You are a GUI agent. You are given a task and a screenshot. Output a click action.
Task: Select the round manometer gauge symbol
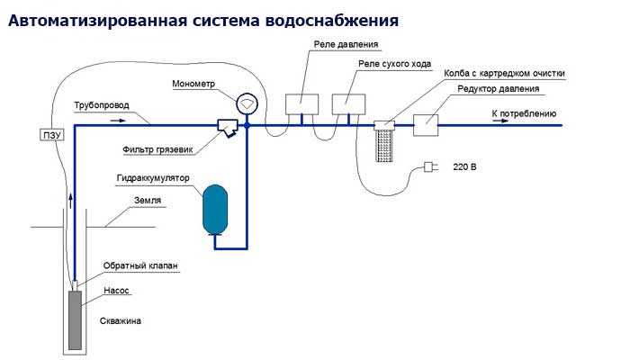(246, 103)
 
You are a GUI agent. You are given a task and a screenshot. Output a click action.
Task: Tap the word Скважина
(121, 320)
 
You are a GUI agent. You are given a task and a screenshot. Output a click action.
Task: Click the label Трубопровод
(101, 105)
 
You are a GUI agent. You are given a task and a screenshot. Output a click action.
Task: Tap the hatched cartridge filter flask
(385, 140)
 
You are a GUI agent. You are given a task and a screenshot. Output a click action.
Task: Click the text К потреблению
(524, 114)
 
